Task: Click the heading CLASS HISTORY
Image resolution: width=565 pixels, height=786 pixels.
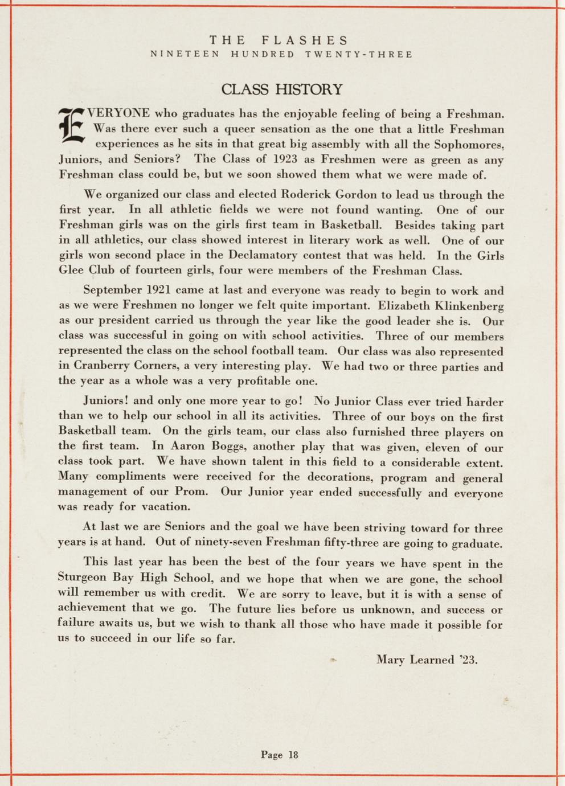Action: pyautogui.click(x=282, y=89)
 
